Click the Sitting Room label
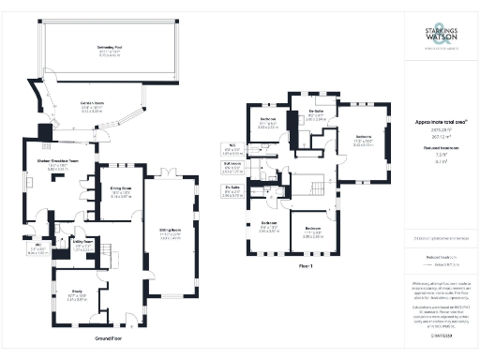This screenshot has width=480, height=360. [171, 235]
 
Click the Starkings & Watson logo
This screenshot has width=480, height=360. [441, 36]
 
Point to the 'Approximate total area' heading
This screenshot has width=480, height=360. [437, 123]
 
